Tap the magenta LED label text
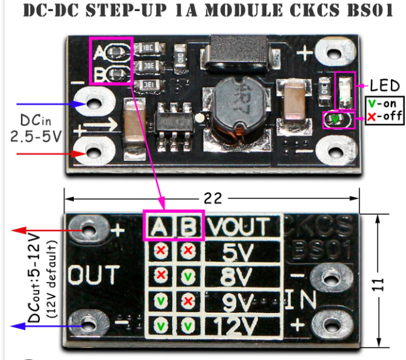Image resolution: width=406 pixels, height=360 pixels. (x=384, y=86)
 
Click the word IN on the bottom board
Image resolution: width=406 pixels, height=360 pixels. (x=301, y=300)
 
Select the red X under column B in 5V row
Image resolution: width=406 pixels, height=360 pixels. (x=188, y=250)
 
